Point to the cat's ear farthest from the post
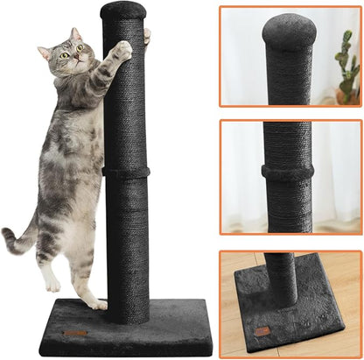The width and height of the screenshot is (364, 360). tap(44, 52)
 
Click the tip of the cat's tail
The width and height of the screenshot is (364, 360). tap(6, 234)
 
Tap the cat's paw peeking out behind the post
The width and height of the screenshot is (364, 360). tap(147, 36)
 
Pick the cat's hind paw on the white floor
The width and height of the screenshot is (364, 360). tap(52, 284)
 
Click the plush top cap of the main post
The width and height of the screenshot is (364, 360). tap(122, 11)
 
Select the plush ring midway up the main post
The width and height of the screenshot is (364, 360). tap(125, 171)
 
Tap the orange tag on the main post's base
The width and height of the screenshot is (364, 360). tap(76, 334)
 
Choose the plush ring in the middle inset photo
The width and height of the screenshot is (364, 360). tap(288, 173)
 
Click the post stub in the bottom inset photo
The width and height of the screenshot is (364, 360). tap(281, 276)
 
